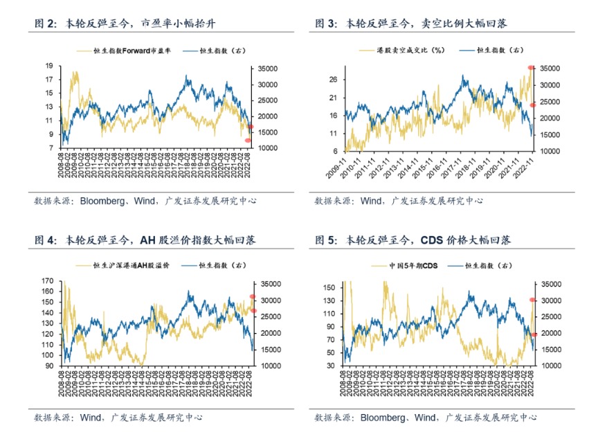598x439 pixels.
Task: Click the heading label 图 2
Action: click(x=45, y=24)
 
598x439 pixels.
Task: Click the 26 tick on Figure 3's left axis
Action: click(x=333, y=80)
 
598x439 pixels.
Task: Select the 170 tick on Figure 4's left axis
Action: click(x=47, y=281)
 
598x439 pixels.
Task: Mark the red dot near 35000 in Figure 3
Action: click(x=531, y=67)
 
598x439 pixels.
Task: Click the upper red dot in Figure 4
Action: click(x=253, y=297)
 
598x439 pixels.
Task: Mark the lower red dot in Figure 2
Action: click(x=247, y=141)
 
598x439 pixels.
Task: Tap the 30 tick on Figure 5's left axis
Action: click(x=331, y=365)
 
